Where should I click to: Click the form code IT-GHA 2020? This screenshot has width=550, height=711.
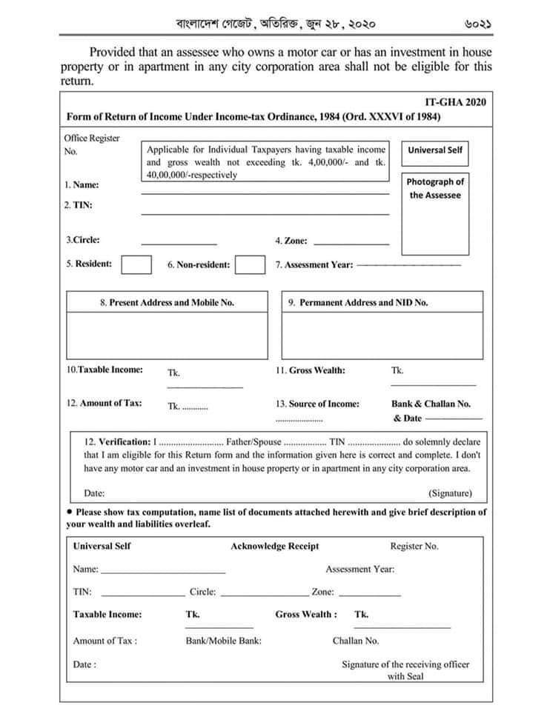pos(451,102)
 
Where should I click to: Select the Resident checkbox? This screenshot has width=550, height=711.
pos(136,264)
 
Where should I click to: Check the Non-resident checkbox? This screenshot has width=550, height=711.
pos(250,264)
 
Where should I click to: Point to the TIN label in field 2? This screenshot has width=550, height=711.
pos(78,205)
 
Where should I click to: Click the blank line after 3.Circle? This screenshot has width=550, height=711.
pos(179,241)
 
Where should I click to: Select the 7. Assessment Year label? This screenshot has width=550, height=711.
pos(314,265)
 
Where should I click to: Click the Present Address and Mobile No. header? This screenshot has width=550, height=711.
pos(167,302)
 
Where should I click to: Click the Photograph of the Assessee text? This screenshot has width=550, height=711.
pos(435,188)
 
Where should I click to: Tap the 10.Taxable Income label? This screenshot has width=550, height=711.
pos(105,370)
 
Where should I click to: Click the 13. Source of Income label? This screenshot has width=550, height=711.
pos(317,404)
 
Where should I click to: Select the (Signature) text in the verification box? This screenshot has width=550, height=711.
pos(449,493)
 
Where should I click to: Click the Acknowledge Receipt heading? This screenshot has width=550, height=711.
pos(274,547)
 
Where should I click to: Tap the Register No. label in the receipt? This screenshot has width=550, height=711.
pos(414,547)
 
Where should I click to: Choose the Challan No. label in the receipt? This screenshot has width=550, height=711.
pos(355,641)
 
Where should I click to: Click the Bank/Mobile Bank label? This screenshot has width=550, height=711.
pos(223,641)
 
